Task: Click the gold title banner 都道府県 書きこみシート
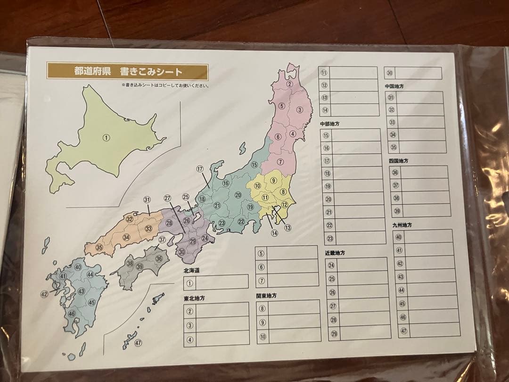pyautogui.click(x=127, y=72)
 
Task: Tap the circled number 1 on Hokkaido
pyautogui.click(x=106, y=138)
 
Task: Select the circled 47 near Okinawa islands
pyautogui.click(x=138, y=343)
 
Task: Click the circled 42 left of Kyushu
pyautogui.click(x=44, y=294)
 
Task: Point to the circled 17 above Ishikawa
pyautogui.click(x=200, y=169)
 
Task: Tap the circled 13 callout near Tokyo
pyautogui.click(x=287, y=228)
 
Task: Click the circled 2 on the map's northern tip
pyautogui.click(x=290, y=84)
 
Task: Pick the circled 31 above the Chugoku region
pyautogui.click(x=147, y=199)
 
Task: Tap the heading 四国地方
pyautogui.click(x=398, y=161)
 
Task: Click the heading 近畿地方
pyautogui.click(x=335, y=253)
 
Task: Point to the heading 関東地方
pyautogui.click(x=267, y=296)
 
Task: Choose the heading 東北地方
pyautogui.click(x=194, y=298)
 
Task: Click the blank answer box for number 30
pyautogui.click(x=418, y=73)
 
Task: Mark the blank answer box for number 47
pyautogui.click(x=434, y=331)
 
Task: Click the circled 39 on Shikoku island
pyautogui.click(x=140, y=266)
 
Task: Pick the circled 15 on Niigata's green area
pyautogui.click(x=254, y=165)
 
